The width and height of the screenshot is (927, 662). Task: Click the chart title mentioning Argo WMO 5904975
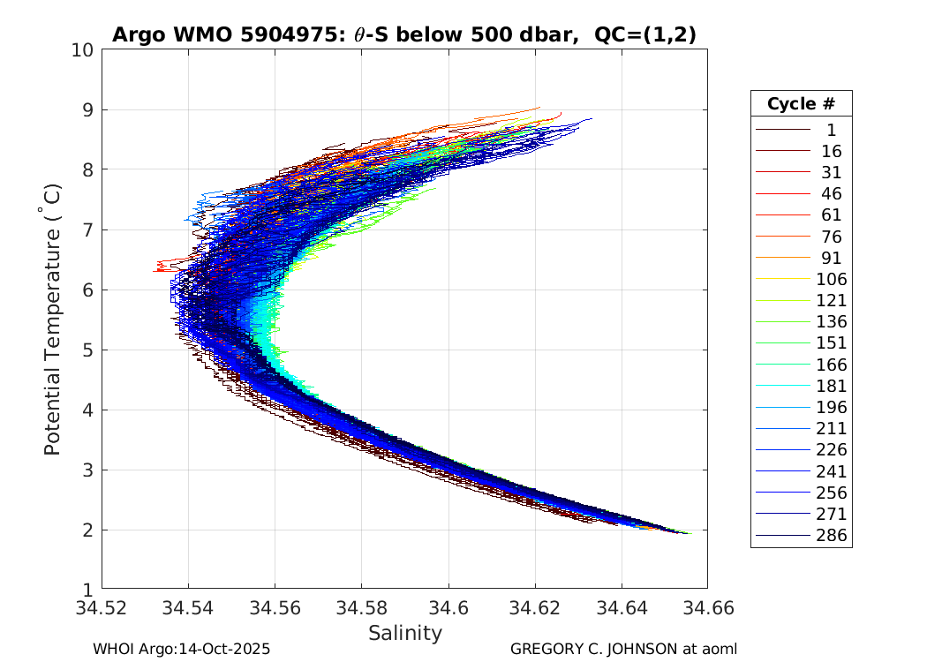(x=403, y=35)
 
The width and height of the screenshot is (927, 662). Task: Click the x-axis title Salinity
(x=404, y=633)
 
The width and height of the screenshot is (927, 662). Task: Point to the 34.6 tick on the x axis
(x=448, y=608)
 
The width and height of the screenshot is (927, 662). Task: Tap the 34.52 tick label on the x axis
(x=102, y=608)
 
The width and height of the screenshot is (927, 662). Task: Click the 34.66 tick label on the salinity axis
(x=706, y=608)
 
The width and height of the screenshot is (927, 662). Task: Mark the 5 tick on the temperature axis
(x=87, y=350)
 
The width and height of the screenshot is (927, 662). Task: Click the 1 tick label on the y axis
(x=87, y=589)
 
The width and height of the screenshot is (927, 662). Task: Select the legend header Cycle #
(x=801, y=104)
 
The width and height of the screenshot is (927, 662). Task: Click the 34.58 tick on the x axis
(x=361, y=608)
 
